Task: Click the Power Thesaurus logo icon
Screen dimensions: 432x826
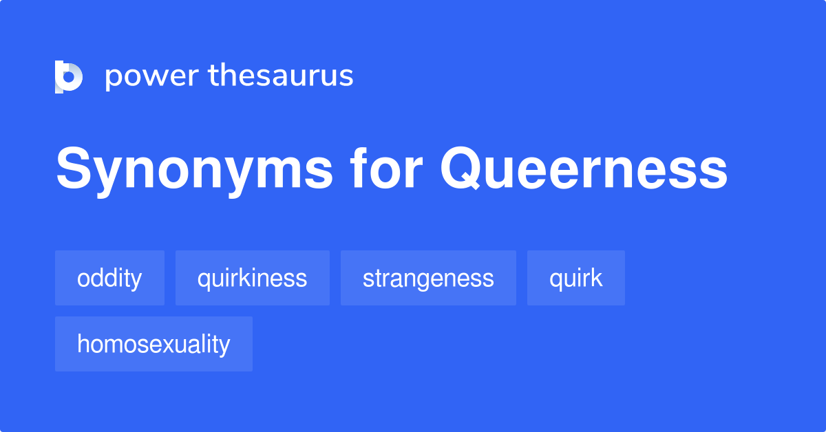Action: (x=69, y=76)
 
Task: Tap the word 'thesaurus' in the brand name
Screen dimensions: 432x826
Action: (x=281, y=76)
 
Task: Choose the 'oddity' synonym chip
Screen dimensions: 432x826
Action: (x=109, y=278)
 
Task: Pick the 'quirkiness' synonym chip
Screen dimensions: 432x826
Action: (x=252, y=278)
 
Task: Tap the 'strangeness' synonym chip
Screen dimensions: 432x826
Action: (x=428, y=278)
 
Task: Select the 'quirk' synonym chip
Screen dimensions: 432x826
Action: (x=575, y=278)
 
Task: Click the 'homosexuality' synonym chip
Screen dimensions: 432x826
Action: (x=153, y=344)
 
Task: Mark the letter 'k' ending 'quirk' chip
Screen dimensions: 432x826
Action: (x=597, y=278)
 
